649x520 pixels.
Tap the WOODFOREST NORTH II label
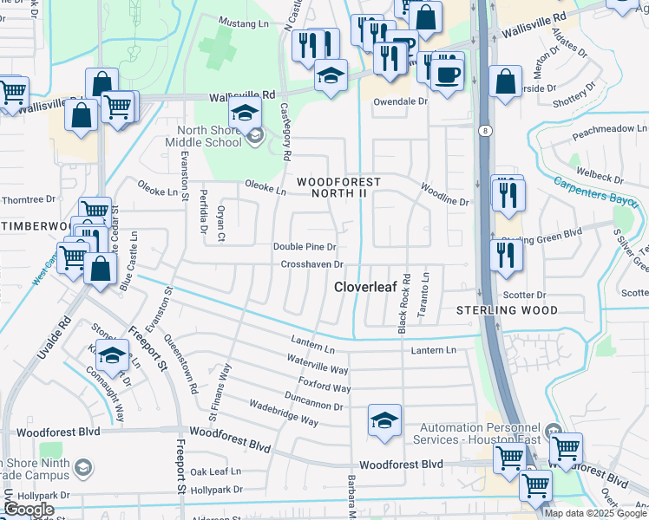[339, 187]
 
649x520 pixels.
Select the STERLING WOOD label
[508, 309]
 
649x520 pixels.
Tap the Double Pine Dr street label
[305, 247]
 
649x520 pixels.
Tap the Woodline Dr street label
[444, 194]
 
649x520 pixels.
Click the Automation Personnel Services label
[480, 434]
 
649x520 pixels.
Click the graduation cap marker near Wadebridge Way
[384, 422]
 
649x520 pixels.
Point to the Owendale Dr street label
[401, 101]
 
